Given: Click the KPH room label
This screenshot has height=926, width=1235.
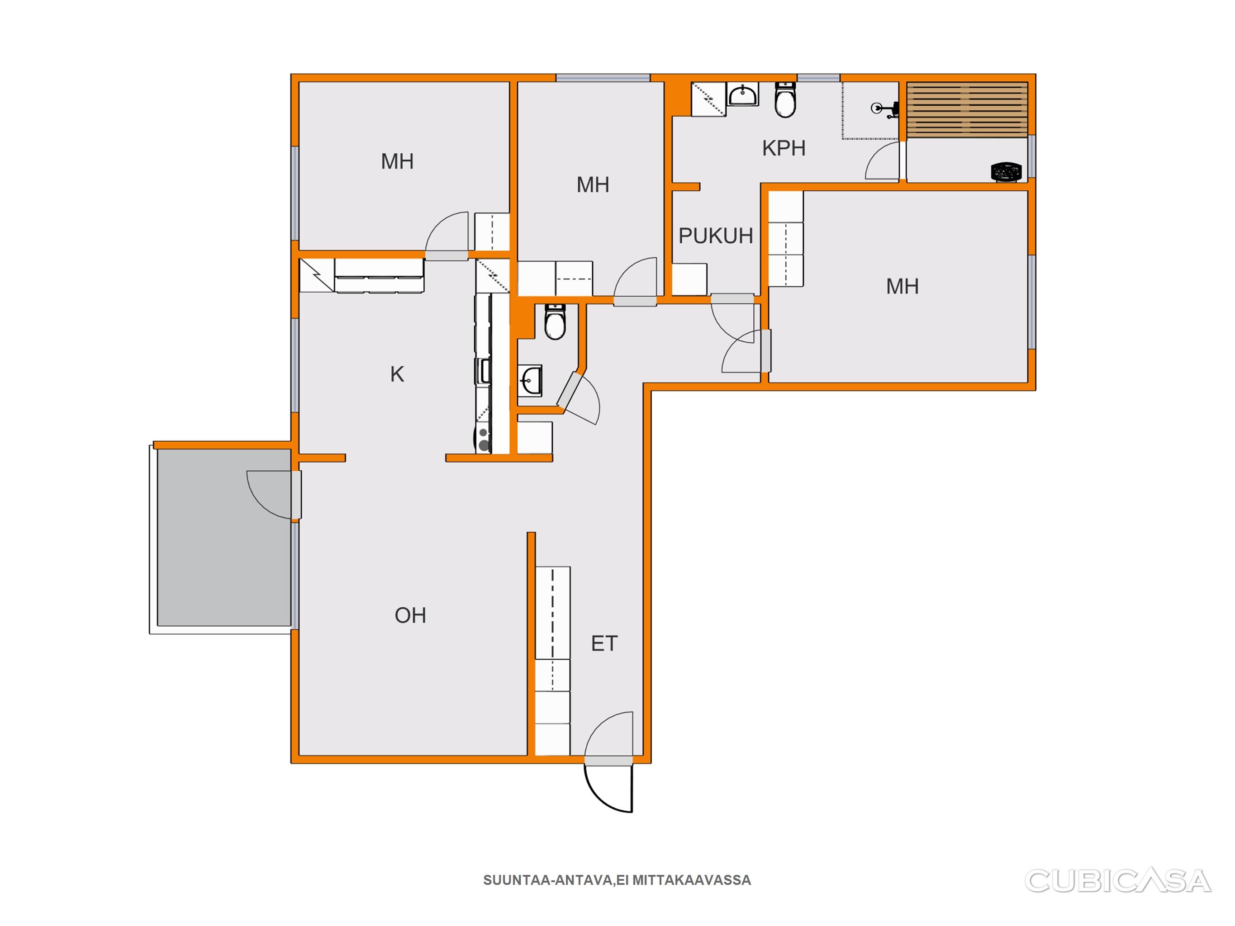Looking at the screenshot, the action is [x=784, y=148].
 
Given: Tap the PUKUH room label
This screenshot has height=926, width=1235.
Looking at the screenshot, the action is [x=715, y=236].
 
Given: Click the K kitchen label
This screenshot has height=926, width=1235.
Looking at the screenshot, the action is [x=397, y=374].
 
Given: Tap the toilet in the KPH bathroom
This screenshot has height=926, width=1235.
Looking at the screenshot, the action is [x=785, y=100].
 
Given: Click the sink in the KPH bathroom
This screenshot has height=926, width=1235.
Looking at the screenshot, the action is [x=743, y=94].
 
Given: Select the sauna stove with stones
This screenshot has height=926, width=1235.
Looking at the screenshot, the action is [x=1006, y=171].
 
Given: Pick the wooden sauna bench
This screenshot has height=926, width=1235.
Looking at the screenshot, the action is [x=967, y=110].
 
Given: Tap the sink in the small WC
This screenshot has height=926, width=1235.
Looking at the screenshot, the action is [x=530, y=381].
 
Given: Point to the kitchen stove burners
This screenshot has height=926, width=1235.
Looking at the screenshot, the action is [x=484, y=439].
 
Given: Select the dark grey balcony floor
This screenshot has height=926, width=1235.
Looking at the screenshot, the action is [x=224, y=538].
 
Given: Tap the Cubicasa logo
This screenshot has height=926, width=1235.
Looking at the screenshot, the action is [x=1118, y=881].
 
